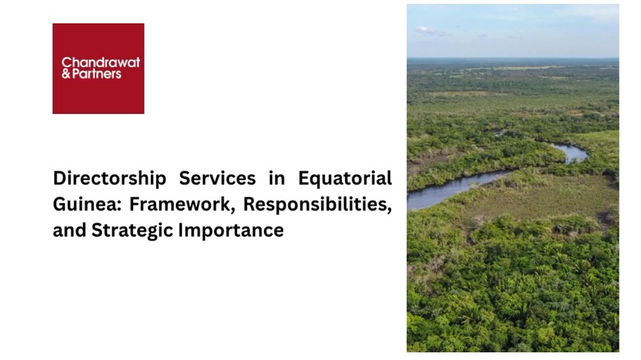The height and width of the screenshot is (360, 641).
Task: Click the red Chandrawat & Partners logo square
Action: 98,68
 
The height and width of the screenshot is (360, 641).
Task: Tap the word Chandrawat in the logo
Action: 100,63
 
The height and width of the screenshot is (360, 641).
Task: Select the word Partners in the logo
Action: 96,74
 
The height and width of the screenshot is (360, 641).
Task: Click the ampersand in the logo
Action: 66,74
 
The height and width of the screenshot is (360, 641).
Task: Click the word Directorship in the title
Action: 109,178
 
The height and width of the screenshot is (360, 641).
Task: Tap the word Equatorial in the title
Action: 345,178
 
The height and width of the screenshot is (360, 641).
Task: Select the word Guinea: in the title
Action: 83,204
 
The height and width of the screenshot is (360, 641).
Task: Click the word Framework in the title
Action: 177,204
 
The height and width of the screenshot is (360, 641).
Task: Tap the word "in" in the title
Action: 276,178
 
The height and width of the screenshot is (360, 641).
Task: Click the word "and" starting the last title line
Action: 67,230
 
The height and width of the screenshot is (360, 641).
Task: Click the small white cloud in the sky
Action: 425,30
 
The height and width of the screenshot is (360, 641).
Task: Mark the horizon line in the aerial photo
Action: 512,59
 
